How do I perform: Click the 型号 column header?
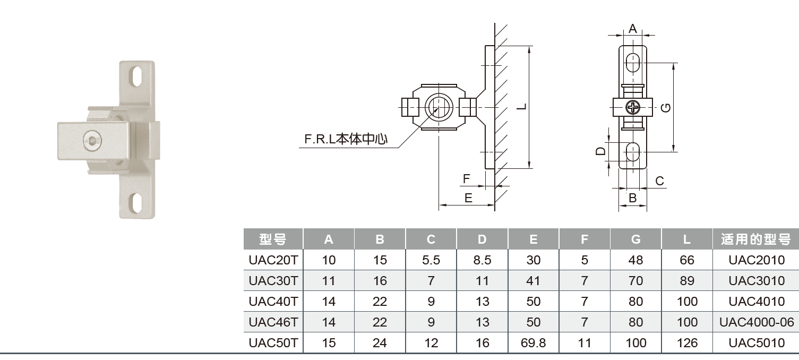pyautogui.click(x=273, y=239)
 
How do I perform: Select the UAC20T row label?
pyautogui.click(x=273, y=260)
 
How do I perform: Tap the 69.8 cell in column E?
pyautogui.click(x=533, y=343)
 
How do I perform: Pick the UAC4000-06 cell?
pyautogui.click(x=756, y=322)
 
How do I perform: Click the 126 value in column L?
pyautogui.click(x=687, y=343)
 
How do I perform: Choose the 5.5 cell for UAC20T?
pyautogui.click(x=431, y=260)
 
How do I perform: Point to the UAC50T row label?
pyautogui.click(x=273, y=343)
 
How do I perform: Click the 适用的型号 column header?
pyautogui.click(x=756, y=239)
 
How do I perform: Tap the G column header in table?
pyautogui.click(x=635, y=239)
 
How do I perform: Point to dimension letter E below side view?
pyautogui.click(x=468, y=198)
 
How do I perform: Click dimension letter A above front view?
pyautogui.click(x=632, y=29)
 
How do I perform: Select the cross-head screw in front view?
pyautogui.click(x=633, y=108)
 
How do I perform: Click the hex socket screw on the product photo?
pyautogui.click(x=93, y=141)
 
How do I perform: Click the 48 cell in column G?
pyautogui.click(x=635, y=260)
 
